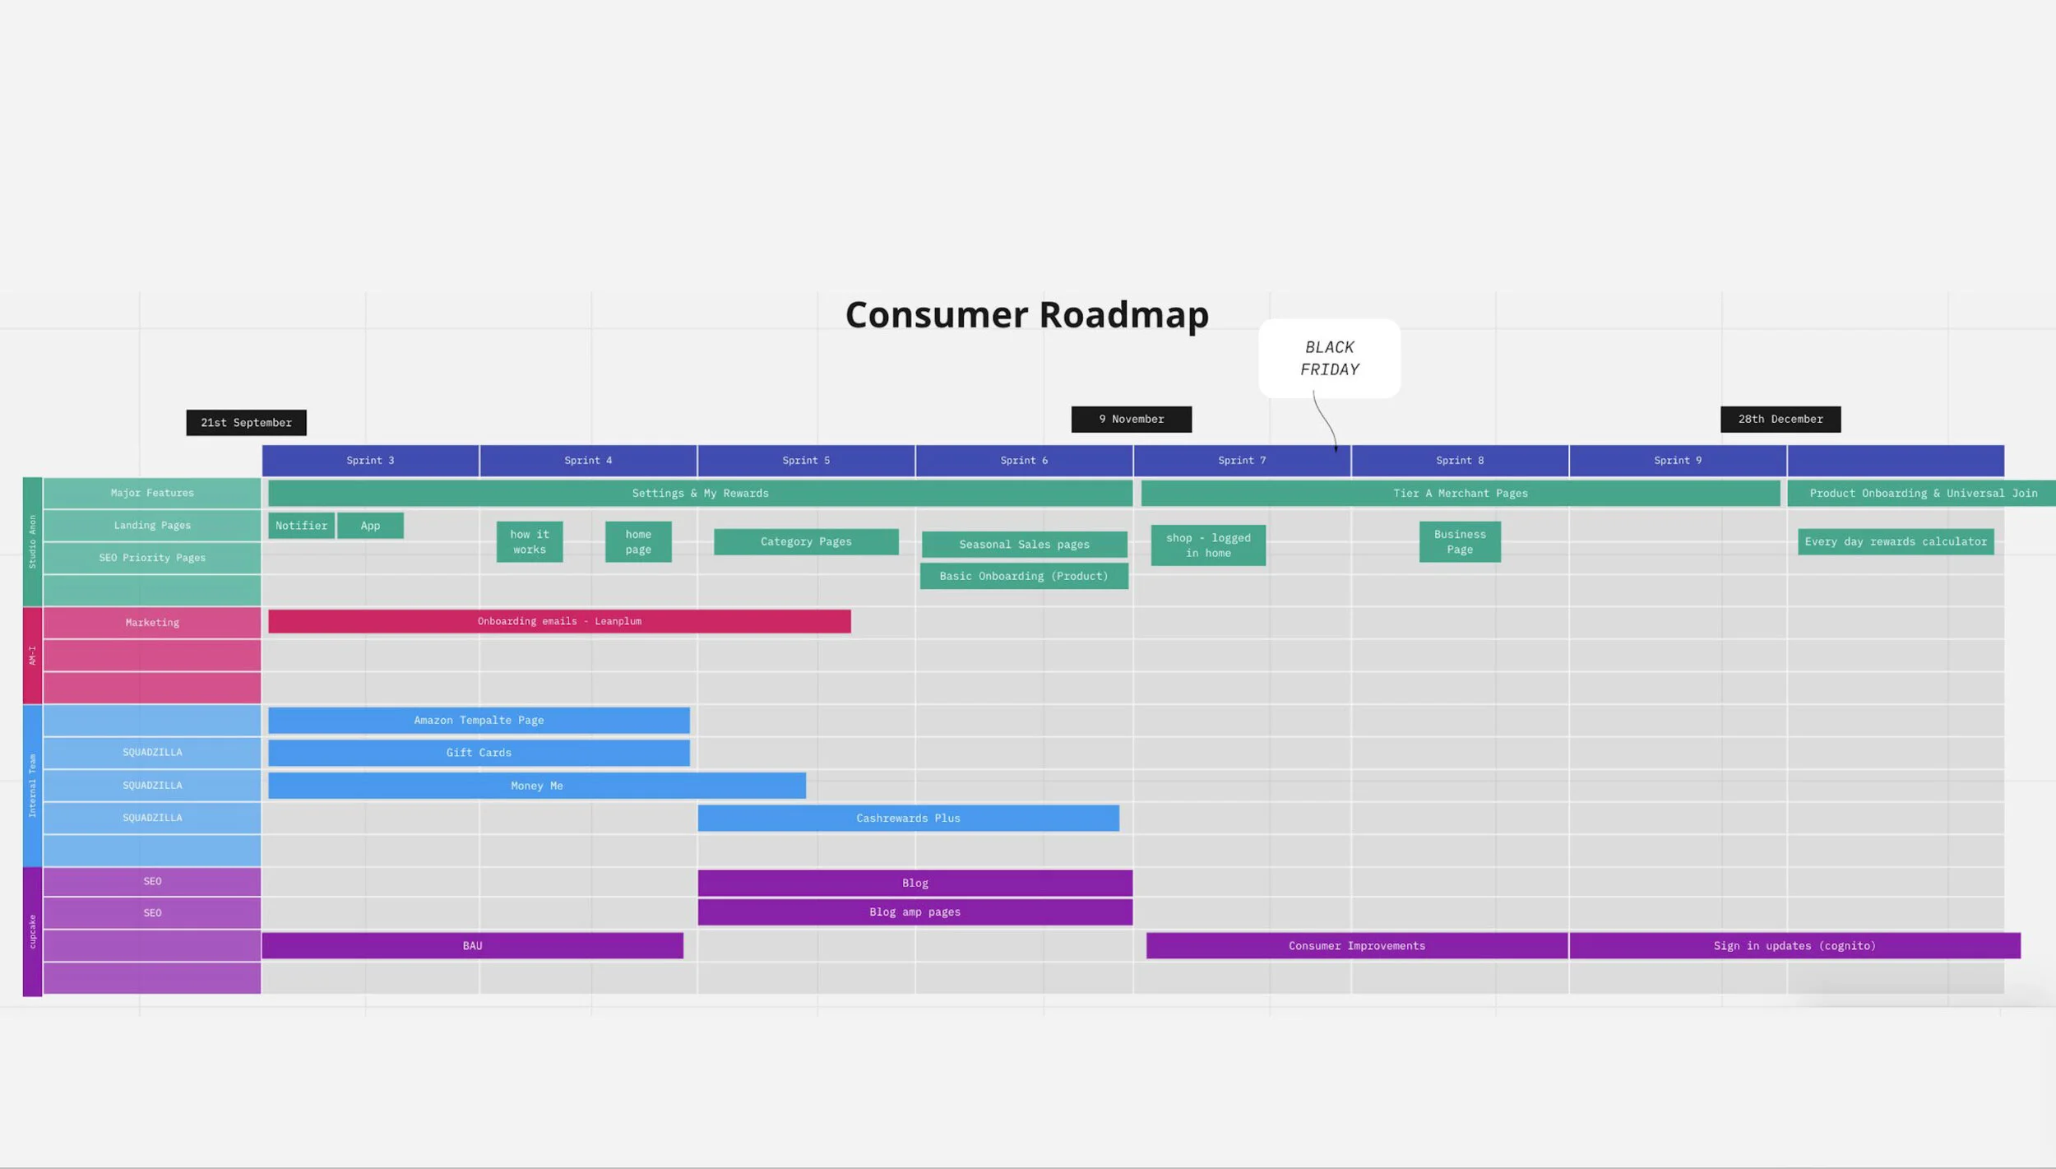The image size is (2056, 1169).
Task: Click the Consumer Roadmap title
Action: [x=1026, y=314]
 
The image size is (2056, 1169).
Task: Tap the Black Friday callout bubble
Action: [x=1329, y=358]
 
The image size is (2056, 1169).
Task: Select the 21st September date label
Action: [x=246, y=422]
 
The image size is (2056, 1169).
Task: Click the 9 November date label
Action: [x=1131, y=419]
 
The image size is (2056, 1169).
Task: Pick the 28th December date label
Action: [x=1780, y=419]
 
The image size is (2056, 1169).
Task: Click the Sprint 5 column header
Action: [x=805, y=461]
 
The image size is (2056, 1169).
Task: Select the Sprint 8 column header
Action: [x=1459, y=461]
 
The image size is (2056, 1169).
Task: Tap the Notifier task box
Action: [x=301, y=526]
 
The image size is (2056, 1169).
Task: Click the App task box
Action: [x=370, y=526]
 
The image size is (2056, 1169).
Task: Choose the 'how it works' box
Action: [x=529, y=541]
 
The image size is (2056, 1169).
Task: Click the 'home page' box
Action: [x=637, y=541]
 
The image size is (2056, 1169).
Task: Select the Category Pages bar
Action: [x=805, y=541]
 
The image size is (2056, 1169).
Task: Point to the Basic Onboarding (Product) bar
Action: [x=1023, y=576]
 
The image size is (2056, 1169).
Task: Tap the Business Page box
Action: [x=1459, y=541]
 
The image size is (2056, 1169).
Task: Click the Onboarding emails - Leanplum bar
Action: [x=559, y=621]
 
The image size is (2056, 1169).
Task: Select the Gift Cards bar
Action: [x=479, y=753]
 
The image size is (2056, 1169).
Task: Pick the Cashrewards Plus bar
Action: [x=908, y=818]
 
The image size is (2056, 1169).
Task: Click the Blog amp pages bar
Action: [x=915, y=912]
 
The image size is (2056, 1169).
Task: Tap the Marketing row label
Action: [x=152, y=623]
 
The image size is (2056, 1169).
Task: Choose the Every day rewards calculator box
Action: [x=1895, y=541]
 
